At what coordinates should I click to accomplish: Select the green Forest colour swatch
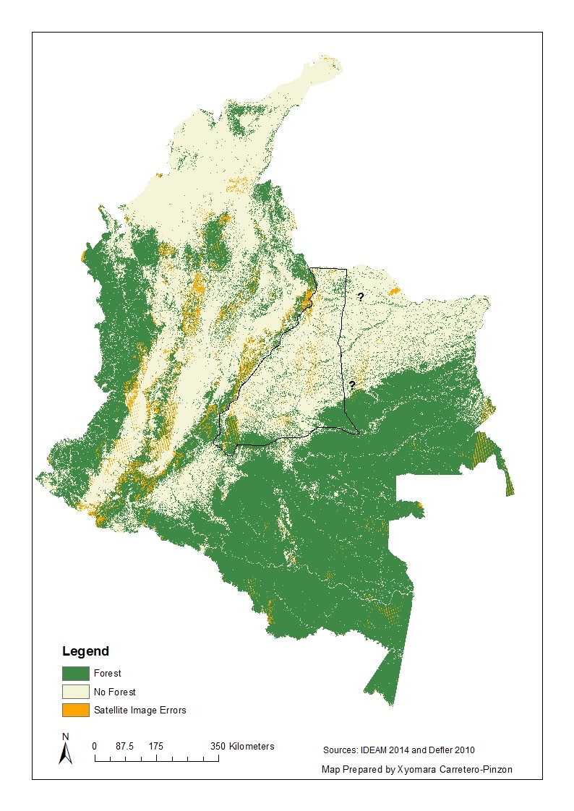pyautogui.click(x=75, y=673)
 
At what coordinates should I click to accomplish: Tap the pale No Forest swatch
pyautogui.click(x=75, y=692)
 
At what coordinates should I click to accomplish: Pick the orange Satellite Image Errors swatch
pyautogui.click(x=75, y=710)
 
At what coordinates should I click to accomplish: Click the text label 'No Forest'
pyautogui.click(x=114, y=692)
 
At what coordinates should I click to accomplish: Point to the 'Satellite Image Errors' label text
pyautogui.click(x=140, y=710)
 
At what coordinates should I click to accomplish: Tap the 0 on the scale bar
pyautogui.click(x=95, y=746)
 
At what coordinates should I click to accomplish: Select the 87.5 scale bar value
pyautogui.click(x=124, y=746)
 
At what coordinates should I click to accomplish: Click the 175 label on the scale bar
pyautogui.click(x=156, y=746)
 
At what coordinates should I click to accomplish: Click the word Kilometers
pyautogui.click(x=252, y=746)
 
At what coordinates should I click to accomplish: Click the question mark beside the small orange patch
pyautogui.click(x=360, y=296)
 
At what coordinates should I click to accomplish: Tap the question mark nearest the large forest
pyautogui.click(x=351, y=385)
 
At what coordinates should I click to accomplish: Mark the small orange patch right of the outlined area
pyautogui.click(x=393, y=291)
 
